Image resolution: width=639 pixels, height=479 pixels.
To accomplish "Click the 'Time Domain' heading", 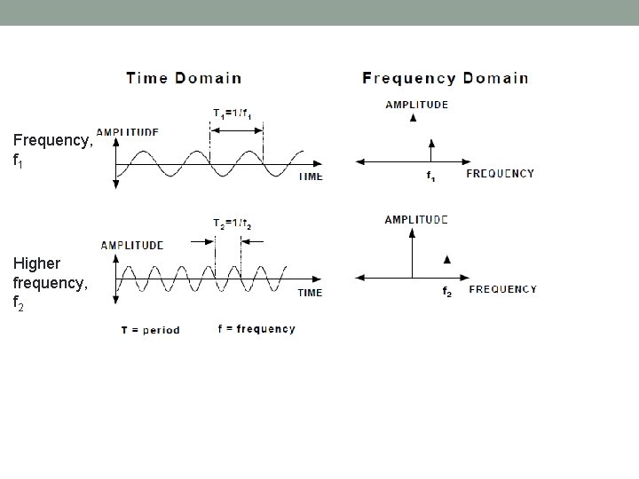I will [x=184, y=78].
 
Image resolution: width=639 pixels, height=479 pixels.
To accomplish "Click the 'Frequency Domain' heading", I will [x=445, y=78].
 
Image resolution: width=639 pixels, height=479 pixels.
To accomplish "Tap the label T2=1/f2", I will [x=232, y=223].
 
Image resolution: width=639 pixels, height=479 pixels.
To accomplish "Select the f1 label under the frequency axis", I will [x=431, y=177].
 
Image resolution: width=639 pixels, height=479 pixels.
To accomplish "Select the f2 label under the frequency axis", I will [x=447, y=293].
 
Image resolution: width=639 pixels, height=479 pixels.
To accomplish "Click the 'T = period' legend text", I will [x=151, y=330].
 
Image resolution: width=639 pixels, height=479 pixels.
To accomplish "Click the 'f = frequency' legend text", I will [x=256, y=329].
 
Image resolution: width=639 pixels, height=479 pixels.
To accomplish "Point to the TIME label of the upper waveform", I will [x=310, y=177].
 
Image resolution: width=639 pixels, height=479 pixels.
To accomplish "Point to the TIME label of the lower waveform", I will [x=310, y=292].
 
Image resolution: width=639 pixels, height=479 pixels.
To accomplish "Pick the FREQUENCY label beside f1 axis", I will [x=501, y=174].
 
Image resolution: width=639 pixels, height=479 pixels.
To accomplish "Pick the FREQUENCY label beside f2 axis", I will [x=502, y=289].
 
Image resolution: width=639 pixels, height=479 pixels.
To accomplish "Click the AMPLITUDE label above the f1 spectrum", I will [x=416, y=105].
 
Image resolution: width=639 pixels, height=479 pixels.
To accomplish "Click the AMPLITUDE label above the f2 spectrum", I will [x=415, y=219].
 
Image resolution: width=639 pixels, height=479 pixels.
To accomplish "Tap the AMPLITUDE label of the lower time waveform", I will [x=132, y=245].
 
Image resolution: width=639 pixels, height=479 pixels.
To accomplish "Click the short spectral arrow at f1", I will [x=430, y=150].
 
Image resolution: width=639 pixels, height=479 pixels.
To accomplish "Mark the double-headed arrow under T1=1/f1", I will [x=236, y=130].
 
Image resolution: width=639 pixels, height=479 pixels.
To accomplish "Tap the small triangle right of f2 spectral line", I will [x=446, y=259].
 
